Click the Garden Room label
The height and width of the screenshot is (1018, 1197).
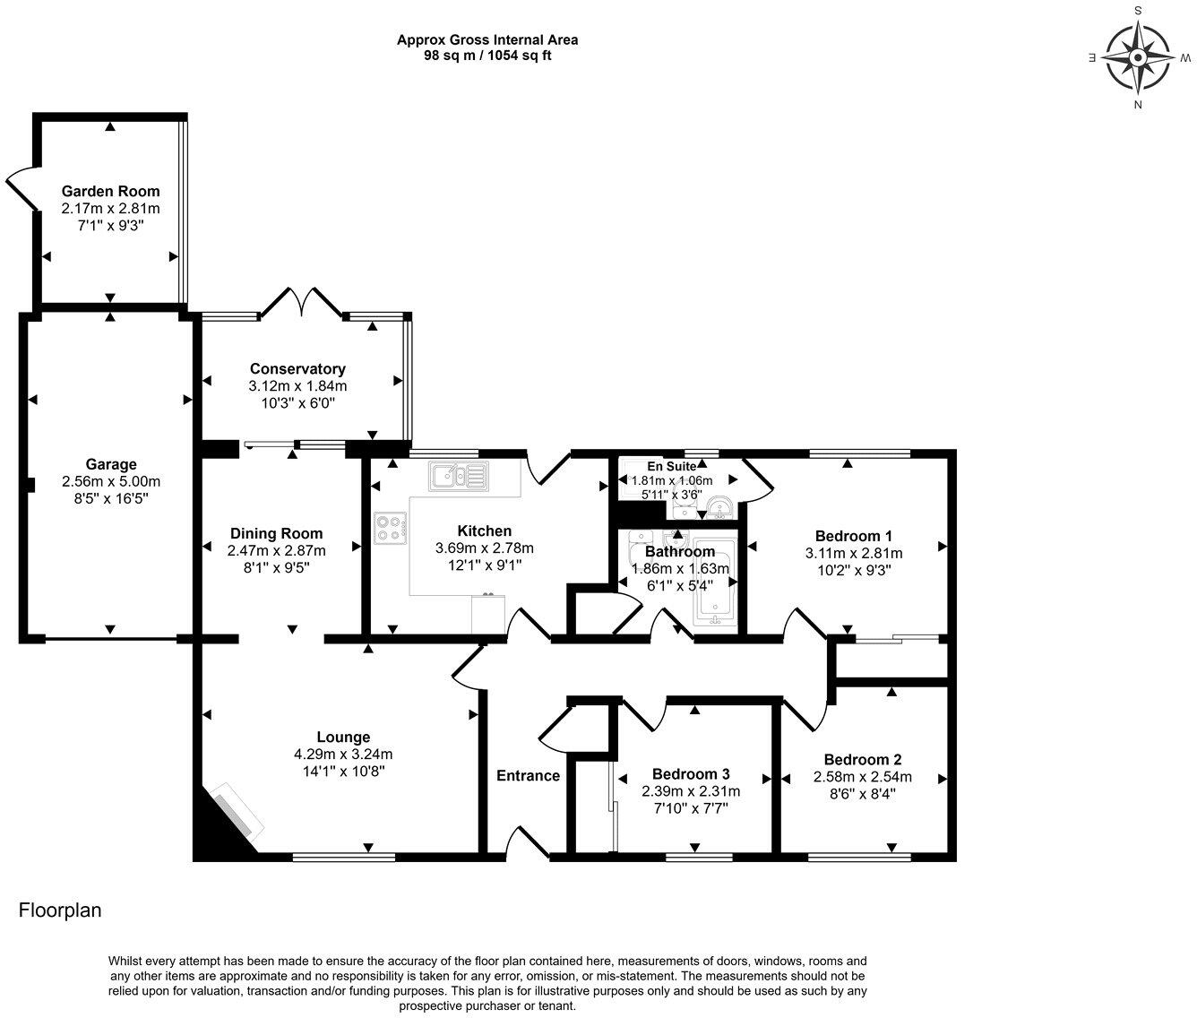click(x=110, y=191)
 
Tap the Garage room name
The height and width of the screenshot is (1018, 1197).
click(x=111, y=464)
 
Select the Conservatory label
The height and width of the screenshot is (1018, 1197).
click(x=297, y=369)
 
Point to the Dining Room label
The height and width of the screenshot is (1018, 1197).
click(x=276, y=534)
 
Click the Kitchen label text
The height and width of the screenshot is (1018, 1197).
click(x=484, y=531)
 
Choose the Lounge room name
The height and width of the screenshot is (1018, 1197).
click(x=343, y=738)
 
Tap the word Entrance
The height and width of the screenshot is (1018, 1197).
click(x=528, y=776)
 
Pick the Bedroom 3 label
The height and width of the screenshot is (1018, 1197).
click(x=691, y=774)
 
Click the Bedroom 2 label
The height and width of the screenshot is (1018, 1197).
click(x=862, y=760)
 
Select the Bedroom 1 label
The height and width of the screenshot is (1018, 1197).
click(x=853, y=536)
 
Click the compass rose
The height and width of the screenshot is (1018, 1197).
click(x=1137, y=58)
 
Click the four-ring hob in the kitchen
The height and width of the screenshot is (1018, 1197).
click(x=390, y=527)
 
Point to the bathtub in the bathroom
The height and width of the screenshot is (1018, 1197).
click(x=715, y=582)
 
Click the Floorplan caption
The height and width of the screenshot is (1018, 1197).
click(x=60, y=911)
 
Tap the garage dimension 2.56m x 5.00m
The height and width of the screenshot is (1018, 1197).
click(x=111, y=481)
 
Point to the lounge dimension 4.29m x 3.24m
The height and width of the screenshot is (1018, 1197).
click(x=343, y=755)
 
